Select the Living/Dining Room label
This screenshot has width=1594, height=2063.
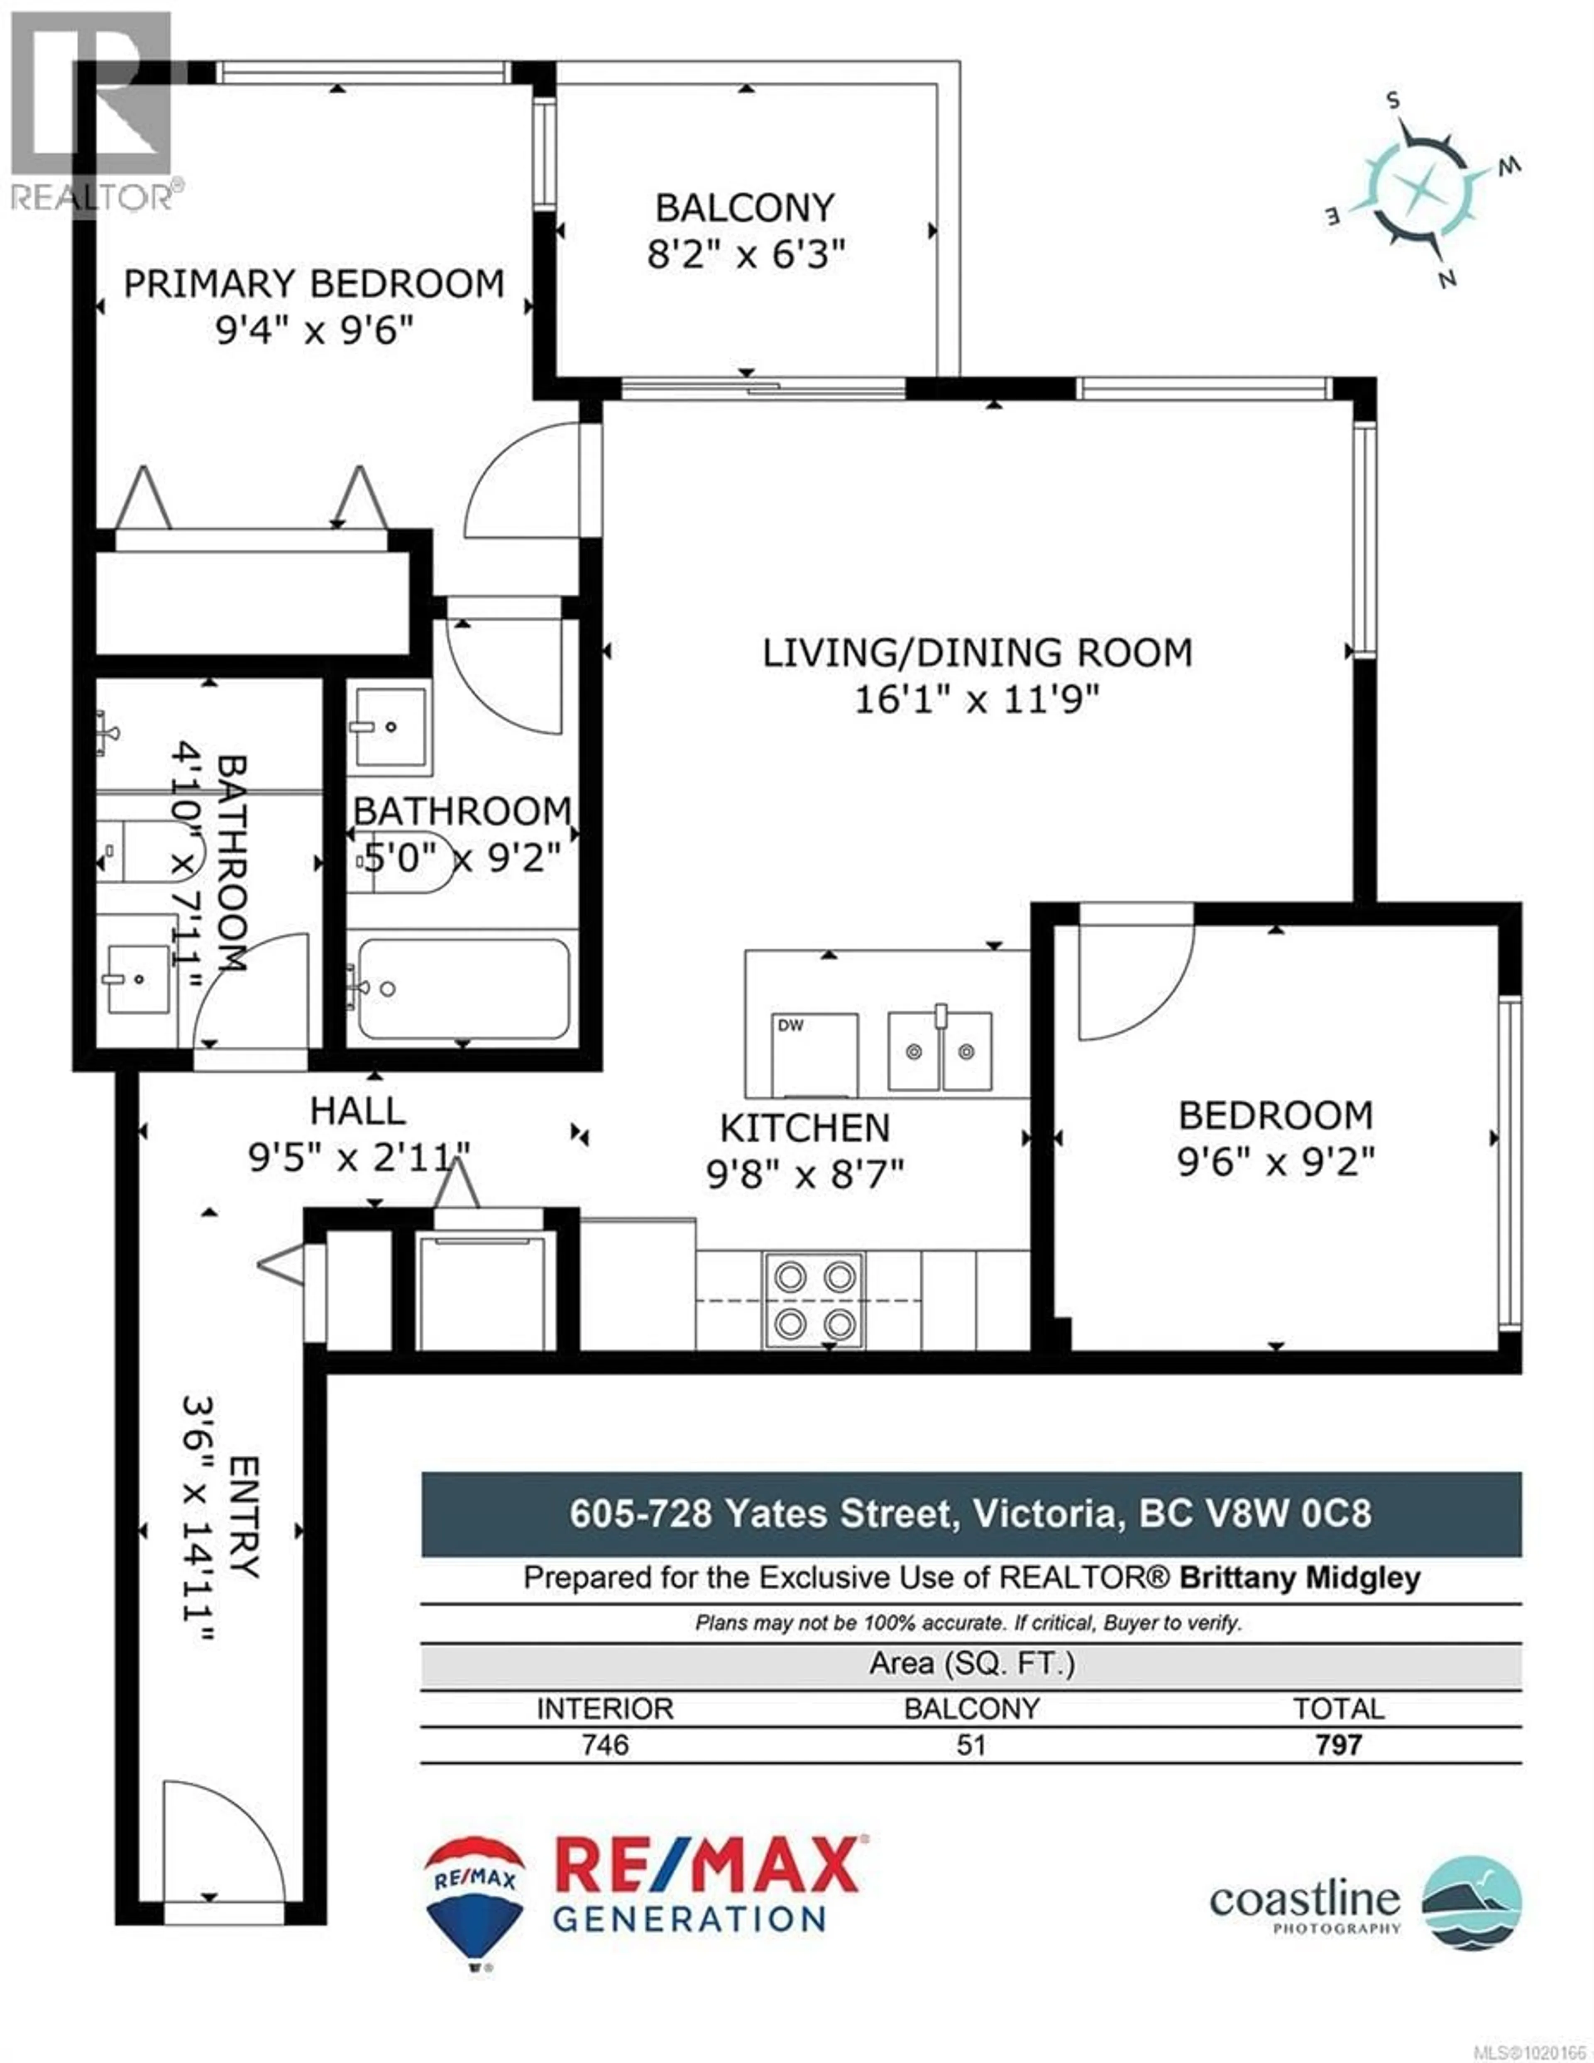point(977,653)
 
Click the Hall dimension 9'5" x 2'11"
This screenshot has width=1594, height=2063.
point(359,1157)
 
